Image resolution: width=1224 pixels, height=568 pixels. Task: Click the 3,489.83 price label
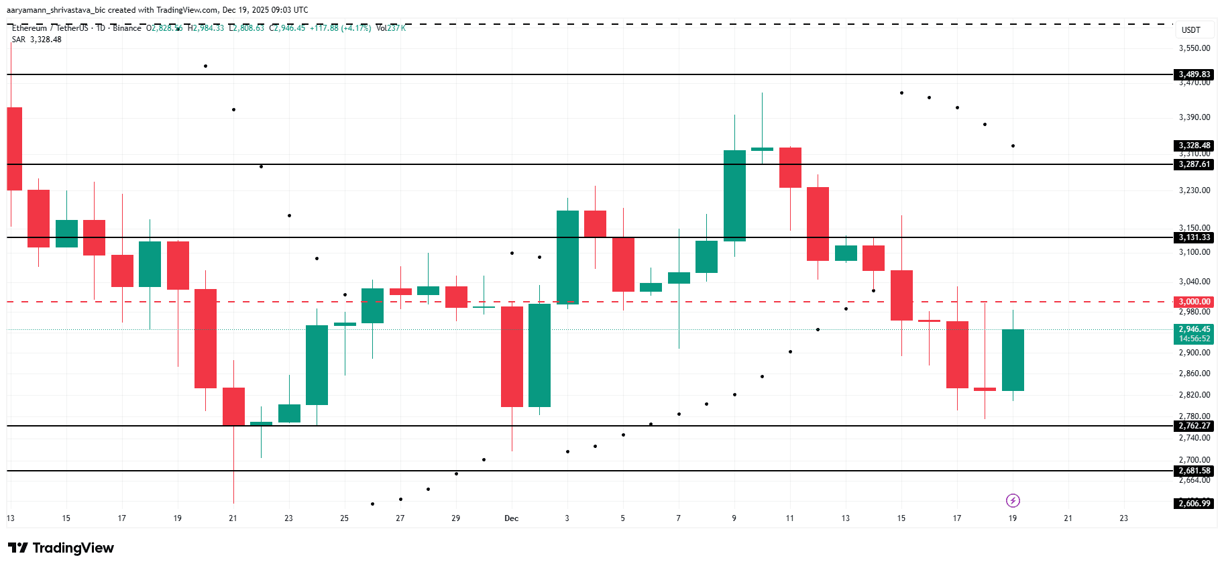click(x=1194, y=74)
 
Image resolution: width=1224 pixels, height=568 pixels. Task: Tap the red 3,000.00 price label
click(x=1194, y=302)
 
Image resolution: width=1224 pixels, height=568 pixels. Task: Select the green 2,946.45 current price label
click(x=1194, y=329)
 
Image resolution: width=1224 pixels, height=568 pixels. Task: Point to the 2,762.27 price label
click(x=1194, y=426)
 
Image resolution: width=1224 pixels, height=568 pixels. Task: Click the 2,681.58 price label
click(x=1194, y=471)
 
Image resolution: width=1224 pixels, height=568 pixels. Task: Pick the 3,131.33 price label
click(x=1194, y=237)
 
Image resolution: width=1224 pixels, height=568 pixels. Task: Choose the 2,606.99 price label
click(x=1194, y=504)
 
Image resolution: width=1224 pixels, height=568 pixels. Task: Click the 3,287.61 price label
click(x=1194, y=164)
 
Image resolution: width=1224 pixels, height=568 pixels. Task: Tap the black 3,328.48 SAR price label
click(x=1194, y=146)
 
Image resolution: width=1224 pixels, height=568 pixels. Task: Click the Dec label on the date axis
click(x=511, y=518)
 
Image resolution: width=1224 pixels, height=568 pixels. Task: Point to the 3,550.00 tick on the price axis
click(x=1194, y=48)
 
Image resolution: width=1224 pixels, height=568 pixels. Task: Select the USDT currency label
click(x=1190, y=30)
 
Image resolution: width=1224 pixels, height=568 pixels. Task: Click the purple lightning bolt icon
click(x=1013, y=500)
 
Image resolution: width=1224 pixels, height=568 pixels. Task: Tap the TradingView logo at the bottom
click(x=61, y=548)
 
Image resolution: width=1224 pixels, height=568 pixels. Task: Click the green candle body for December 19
click(x=1013, y=360)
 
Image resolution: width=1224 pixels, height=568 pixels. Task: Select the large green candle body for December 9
click(x=734, y=195)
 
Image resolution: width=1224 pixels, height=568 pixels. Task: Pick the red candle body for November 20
click(x=205, y=339)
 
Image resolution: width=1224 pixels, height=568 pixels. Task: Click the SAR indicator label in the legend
click(x=19, y=40)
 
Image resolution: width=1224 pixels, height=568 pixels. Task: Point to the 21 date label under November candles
click(x=233, y=518)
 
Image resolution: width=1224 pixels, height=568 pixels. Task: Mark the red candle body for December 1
click(x=512, y=357)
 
